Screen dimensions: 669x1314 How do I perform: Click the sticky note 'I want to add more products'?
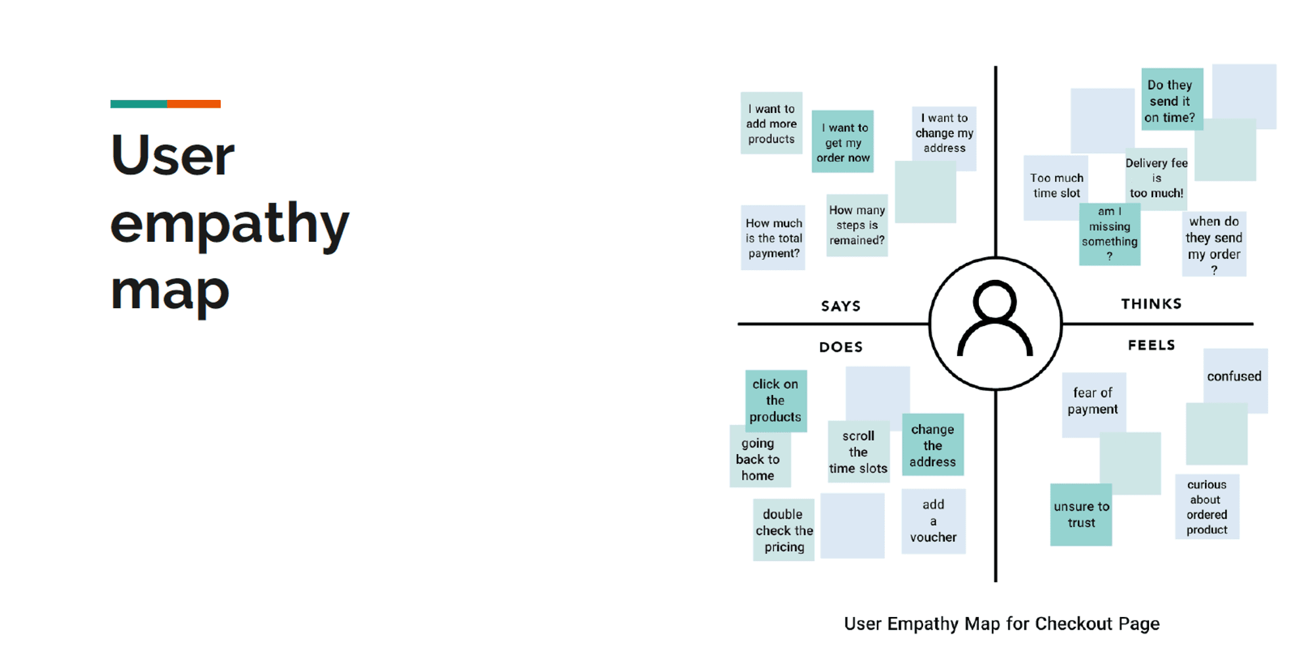point(771,124)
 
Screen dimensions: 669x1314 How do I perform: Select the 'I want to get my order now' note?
point(842,142)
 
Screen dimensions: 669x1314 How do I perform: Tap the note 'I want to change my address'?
point(944,133)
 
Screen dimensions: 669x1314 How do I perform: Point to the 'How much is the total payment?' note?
point(773,238)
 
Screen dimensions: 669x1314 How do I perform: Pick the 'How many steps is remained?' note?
point(857,225)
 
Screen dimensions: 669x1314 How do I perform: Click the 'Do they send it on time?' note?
point(1171,101)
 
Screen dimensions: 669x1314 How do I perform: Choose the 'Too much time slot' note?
point(1056,186)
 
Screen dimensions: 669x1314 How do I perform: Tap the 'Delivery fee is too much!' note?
point(1156,178)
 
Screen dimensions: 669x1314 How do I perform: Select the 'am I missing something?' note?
point(1109,234)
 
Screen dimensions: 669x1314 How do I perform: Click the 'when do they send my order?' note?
point(1213,244)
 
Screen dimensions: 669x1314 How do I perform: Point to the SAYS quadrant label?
point(840,306)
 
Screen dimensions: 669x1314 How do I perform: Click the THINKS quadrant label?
point(1151,304)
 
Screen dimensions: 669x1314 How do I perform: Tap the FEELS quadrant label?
point(1151,345)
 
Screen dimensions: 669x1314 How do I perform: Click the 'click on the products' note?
point(775,400)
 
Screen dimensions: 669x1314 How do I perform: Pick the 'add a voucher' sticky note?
point(933,521)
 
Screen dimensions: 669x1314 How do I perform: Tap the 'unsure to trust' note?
point(1081,515)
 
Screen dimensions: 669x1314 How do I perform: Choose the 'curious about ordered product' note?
point(1207,507)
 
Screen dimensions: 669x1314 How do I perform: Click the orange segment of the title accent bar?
point(194,104)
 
